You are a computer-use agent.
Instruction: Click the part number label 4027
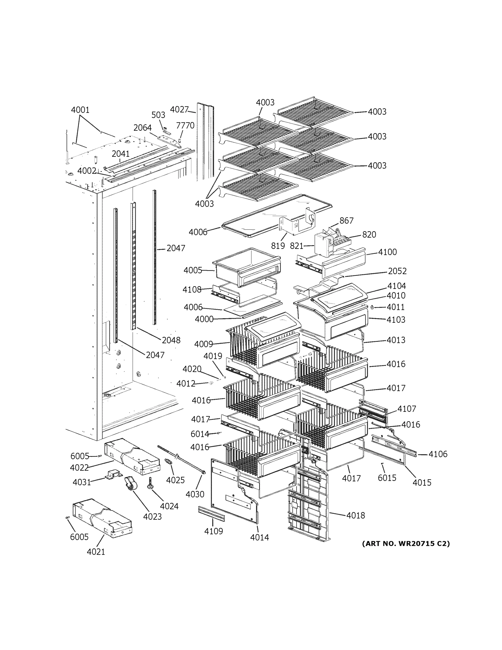click(179, 109)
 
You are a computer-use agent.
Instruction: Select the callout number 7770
click(185, 125)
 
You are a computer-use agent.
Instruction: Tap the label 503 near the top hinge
click(158, 115)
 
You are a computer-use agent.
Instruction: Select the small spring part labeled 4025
click(169, 463)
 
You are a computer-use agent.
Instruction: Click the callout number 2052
click(397, 271)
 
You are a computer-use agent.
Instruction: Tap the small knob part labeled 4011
click(372, 307)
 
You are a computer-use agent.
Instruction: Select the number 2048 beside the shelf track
click(171, 340)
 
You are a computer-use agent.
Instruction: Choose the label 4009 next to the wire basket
click(204, 344)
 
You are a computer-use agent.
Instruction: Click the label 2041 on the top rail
click(120, 154)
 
